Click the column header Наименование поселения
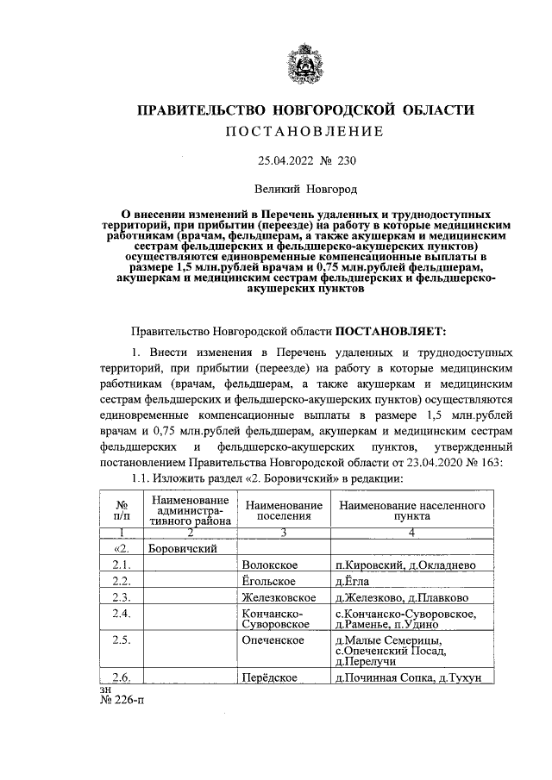coord(284,509)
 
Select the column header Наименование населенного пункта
coord(412,509)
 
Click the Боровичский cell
coord(181,548)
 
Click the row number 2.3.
coord(121,597)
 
